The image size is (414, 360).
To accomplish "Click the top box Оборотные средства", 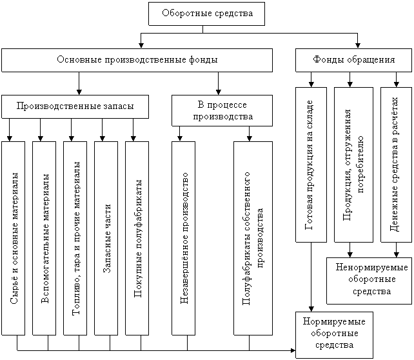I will coord(206,14).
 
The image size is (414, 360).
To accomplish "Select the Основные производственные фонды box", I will coord(137,60).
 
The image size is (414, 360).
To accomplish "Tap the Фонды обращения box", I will coord(354,60).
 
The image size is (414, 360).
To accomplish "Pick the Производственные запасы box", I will coord(75,106).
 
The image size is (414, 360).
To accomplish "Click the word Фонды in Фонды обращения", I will coord(328,60).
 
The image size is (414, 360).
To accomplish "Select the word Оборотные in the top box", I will coord(184,13).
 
